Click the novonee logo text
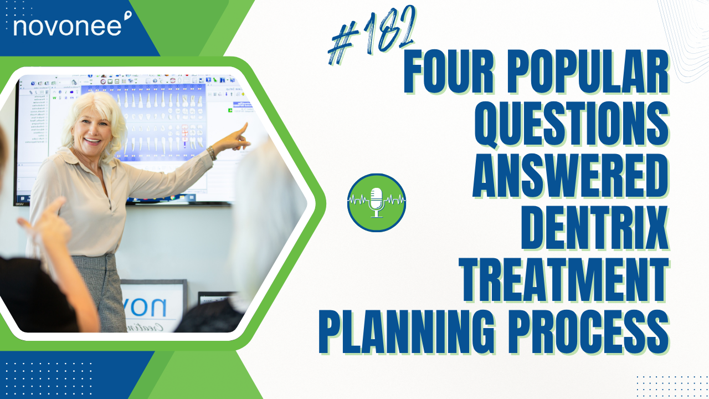[x=66, y=26]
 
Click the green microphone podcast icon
[x=377, y=202]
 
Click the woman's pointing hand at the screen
[x=239, y=136]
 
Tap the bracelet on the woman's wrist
[x=212, y=153]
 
